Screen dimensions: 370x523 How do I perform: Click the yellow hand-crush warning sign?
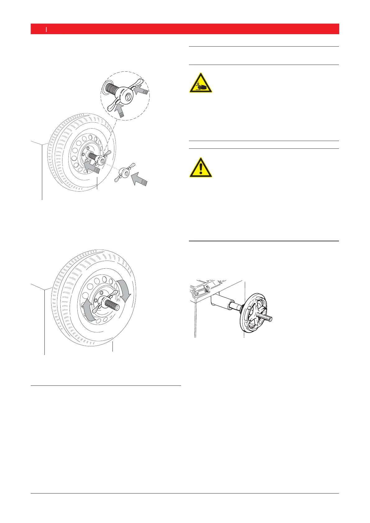201,83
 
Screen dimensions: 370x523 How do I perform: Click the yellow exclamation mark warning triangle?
201,168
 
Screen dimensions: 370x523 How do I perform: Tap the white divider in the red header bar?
46,29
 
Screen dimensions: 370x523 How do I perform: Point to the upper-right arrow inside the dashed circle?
142,92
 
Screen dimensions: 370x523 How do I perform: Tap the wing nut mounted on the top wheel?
102,159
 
